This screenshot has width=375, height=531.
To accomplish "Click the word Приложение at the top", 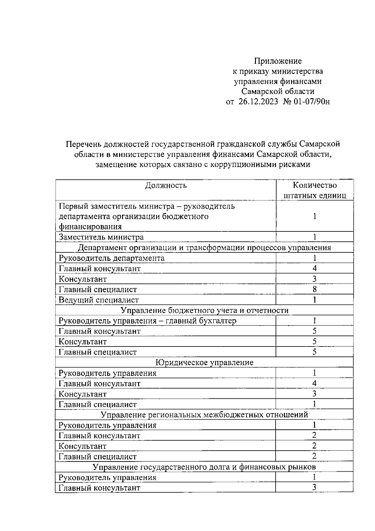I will pyautogui.click(x=277, y=61).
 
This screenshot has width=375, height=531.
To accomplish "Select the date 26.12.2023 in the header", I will pyautogui.click(x=258, y=102).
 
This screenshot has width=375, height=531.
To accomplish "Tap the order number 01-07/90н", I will pyautogui.click(x=312, y=102).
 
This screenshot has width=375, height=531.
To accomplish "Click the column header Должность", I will pyautogui.click(x=166, y=185).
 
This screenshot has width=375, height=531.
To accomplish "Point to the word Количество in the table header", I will pyautogui.click(x=315, y=185).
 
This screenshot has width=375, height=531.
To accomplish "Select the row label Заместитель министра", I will pyautogui.click(x=101, y=237).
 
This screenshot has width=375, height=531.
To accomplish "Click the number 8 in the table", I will pyautogui.click(x=315, y=289).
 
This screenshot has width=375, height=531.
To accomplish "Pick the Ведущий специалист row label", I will pyautogui.click(x=99, y=300).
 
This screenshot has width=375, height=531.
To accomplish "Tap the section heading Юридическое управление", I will pyautogui.click(x=204, y=362).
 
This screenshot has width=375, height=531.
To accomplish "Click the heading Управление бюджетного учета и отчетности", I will pyautogui.click(x=204, y=310).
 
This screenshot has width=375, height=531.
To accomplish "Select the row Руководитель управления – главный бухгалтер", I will pyautogui.click(x=147, y=321).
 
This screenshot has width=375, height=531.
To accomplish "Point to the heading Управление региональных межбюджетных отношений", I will pyautogui.click(x=204, y=415).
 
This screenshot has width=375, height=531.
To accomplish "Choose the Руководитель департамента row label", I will pyautogui.click(x=112, y=258).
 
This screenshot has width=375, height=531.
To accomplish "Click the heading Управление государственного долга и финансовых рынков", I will pyautogui.click(x=204, y=467).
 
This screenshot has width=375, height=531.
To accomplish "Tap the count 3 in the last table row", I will pyautogui.click(x=314, y=488).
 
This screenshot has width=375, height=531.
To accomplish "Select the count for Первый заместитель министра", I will pyautogui.click(x=315, y=216).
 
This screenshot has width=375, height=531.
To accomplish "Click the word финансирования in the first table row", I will pyautogui.click(x=90, y=226).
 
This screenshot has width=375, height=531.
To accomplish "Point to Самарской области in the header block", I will pyautogui.click(x=277, y=91).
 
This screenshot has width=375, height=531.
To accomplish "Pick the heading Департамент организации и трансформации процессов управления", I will pyautogui.click(x=204, y=248).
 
